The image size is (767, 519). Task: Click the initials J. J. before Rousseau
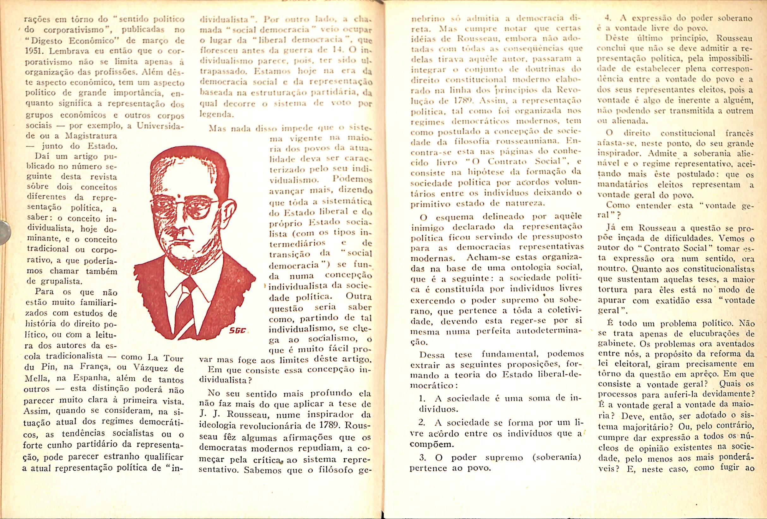click(x=208, y=414)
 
